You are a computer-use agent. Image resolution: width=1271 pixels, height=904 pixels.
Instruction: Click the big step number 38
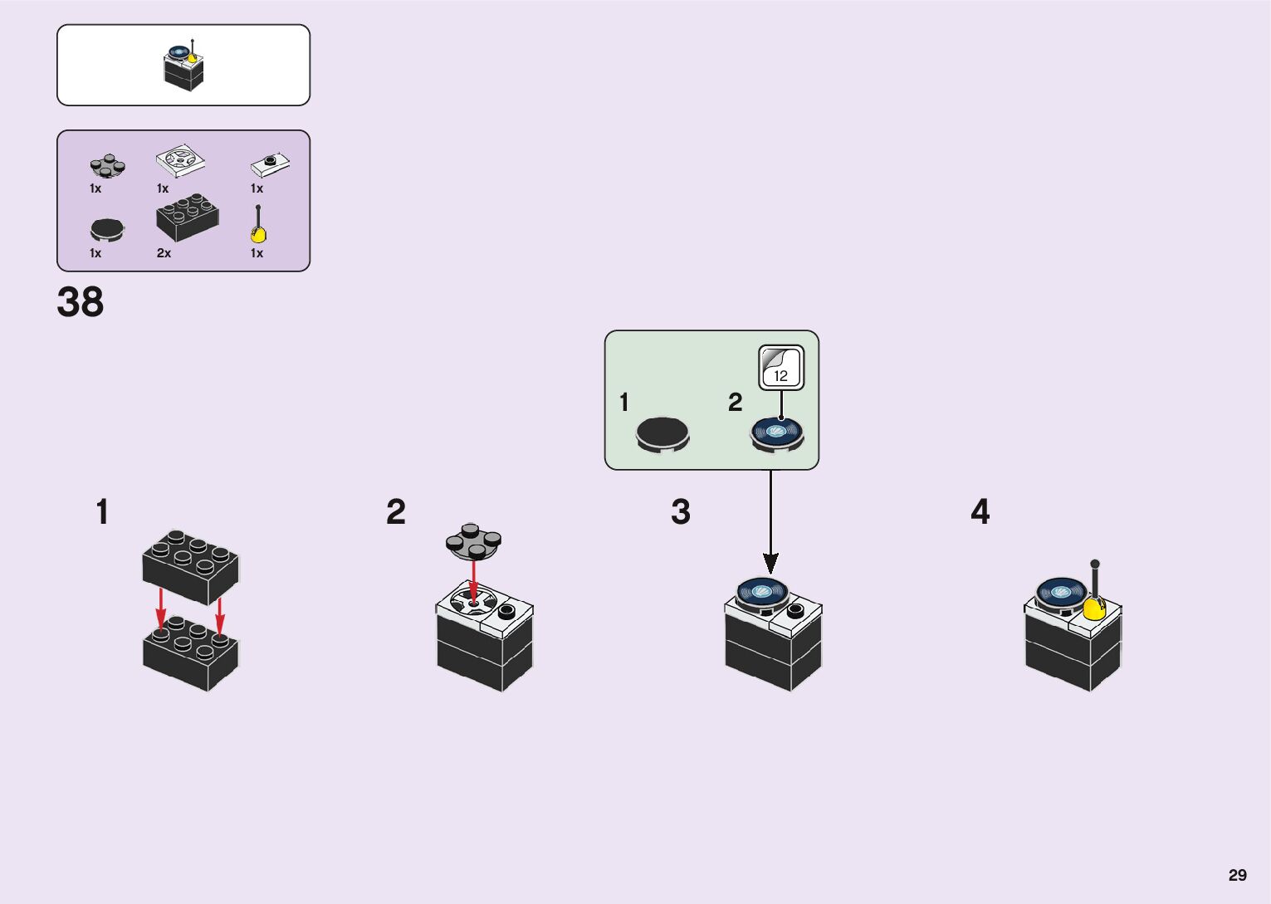pos(81,302)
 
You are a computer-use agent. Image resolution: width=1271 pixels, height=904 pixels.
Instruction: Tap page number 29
pos(1237,875)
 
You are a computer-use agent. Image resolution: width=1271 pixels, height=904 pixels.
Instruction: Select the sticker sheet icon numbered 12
pos(781,368)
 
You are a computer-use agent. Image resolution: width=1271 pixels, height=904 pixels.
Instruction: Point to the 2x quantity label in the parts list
pos(164,253)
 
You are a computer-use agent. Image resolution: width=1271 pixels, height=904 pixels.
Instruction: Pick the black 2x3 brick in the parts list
pos(188,217)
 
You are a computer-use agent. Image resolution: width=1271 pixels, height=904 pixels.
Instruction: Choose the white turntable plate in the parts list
pos(180,160)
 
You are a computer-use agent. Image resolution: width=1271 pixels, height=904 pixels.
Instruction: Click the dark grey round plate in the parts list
pos(108,166)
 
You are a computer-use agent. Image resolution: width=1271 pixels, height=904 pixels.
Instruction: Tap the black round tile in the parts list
pos(107,229)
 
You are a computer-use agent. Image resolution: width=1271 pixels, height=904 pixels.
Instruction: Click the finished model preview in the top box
pos(183,66)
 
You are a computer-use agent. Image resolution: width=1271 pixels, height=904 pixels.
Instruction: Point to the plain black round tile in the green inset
pos(662,434)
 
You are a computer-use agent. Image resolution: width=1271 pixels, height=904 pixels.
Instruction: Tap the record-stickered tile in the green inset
pos(778,433)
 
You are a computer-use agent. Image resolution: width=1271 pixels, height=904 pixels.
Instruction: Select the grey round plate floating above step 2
pos(473,540)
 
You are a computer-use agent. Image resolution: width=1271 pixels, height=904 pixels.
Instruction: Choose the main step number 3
pos(681,512)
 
